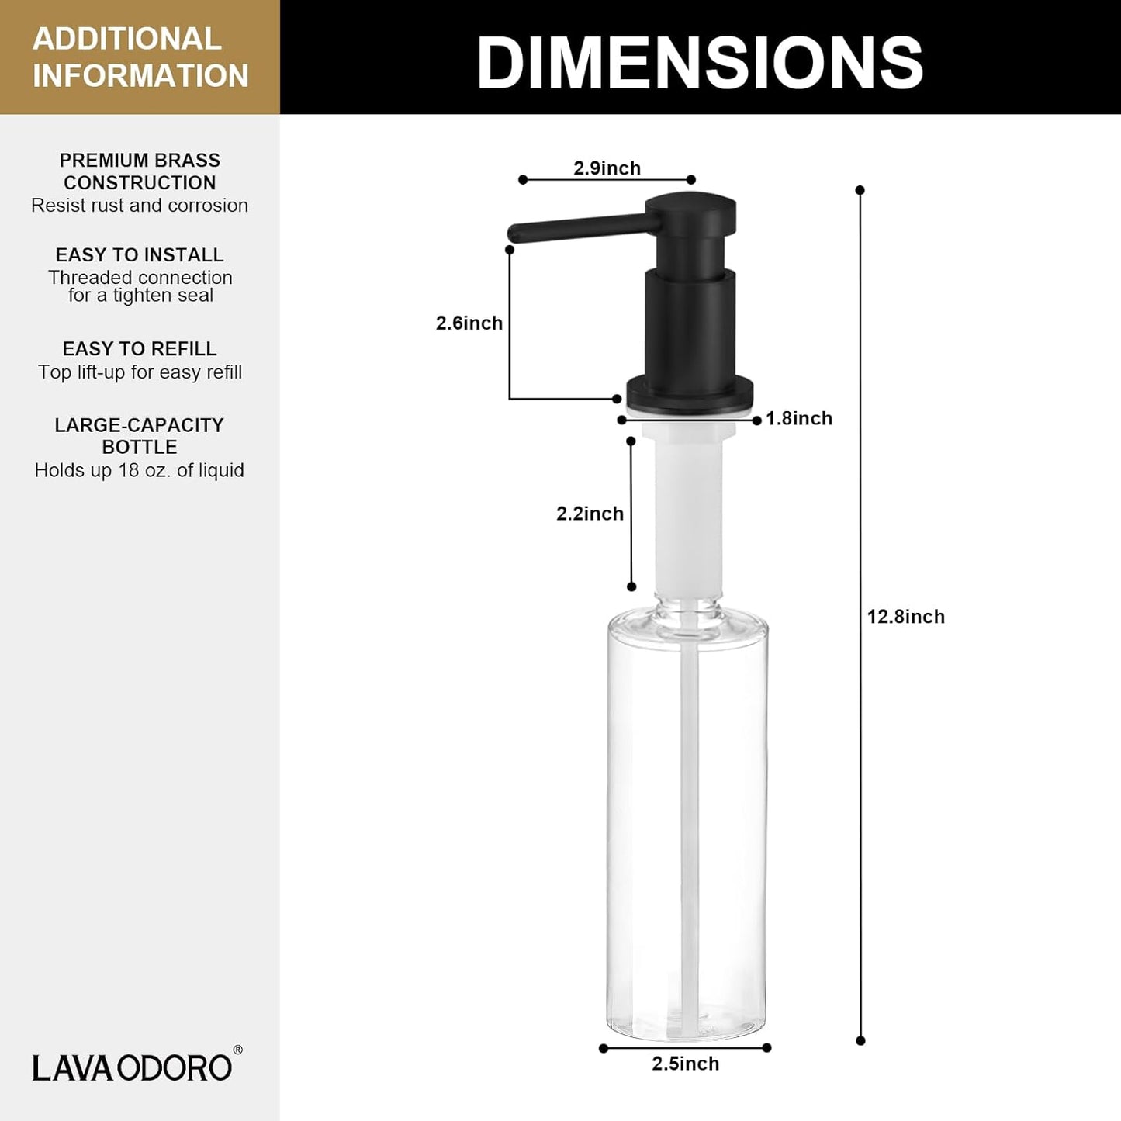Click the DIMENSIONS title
[700, 62]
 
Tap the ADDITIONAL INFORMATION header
[140, 57]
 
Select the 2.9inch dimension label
[607, 168]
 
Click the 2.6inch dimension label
[469, 323]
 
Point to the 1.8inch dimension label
[799, 418]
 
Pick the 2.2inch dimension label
[590, 514]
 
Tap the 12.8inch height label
[905, 617]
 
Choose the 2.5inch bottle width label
[685, 1064]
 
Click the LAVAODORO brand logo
[132, 1067]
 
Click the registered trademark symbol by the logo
[237, 1050]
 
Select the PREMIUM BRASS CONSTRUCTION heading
[140, 171]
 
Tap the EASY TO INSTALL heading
[140, 255]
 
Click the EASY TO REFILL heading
[140, 349]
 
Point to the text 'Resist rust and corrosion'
[140, 206]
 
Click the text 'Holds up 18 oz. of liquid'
[140, 470]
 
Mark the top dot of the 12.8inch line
[860, 190]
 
